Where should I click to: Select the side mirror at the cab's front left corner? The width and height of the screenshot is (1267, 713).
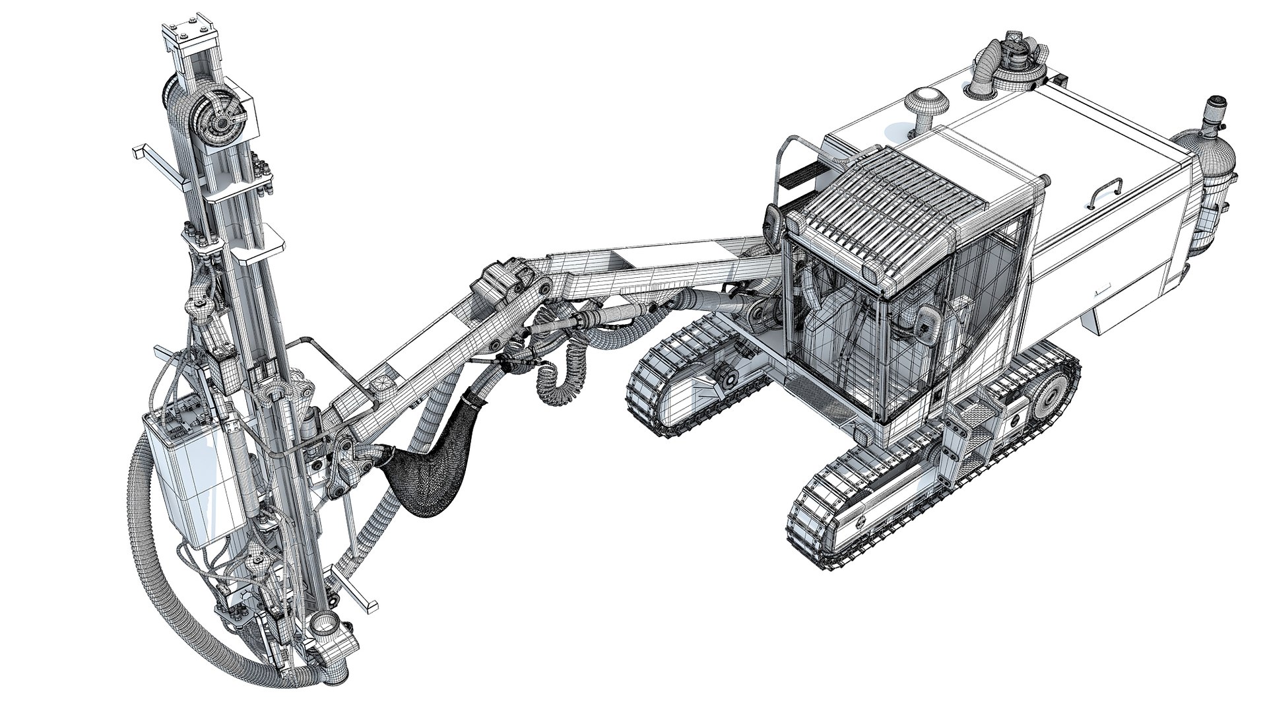pyautogui.click(x=773, y=224)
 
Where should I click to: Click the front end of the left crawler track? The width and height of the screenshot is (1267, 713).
pyautogui.click(x=647, y=390)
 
